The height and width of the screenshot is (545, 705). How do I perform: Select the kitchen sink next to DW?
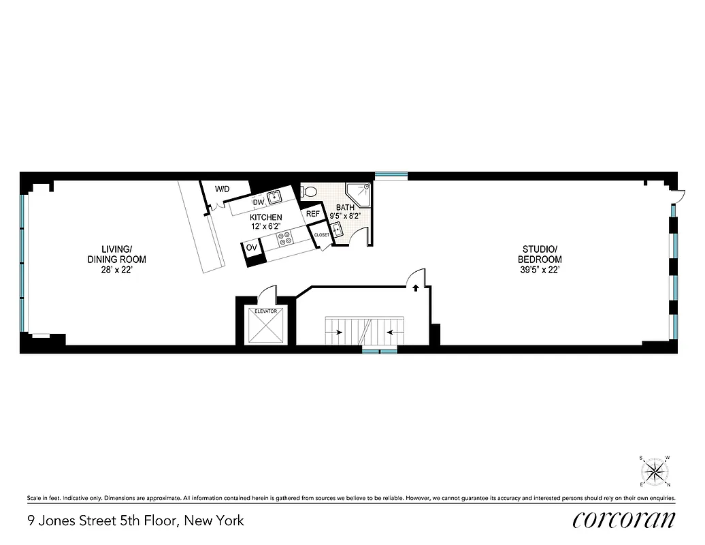pyautogui.click(x=274, y=198)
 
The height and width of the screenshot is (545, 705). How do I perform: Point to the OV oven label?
pyautogui.click(x=251, y=247)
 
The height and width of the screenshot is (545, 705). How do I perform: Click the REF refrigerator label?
pyautogui.click(x=312, y=214)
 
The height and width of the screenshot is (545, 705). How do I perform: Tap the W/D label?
pyautogui.click(x=222, y=189)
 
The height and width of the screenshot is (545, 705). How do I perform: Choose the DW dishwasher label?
pyautogui.click(x=259, y=202)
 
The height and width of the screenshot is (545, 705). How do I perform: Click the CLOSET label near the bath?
pyautogui.click(x=321, y=234)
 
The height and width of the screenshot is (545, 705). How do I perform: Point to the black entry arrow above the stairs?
pyautogui.click(x=414, y=288)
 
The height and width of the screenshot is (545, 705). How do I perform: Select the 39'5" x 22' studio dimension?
pyautogui.click(x=542, y=270)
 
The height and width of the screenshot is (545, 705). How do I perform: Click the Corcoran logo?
pyautogui.click(x=624, y=520)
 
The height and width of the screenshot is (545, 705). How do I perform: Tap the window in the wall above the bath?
pyautogui.click(x=391, y=176)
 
